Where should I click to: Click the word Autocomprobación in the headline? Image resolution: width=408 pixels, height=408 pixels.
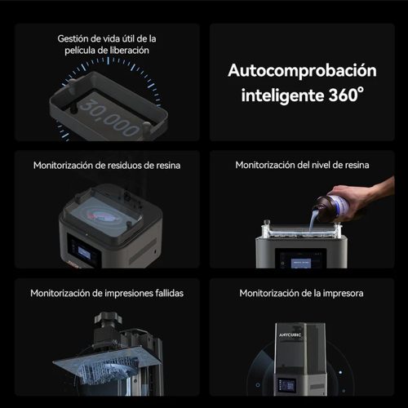coord(302,71)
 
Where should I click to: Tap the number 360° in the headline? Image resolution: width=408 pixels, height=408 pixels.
coord(346,95)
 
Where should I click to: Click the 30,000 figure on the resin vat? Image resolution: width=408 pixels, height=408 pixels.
coord(109,118)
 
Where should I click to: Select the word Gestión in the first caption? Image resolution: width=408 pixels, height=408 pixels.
coord(73,39)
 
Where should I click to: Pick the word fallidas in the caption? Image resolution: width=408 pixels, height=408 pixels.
coord(169,293)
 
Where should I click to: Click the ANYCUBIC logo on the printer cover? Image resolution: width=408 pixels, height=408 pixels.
coord(290,335)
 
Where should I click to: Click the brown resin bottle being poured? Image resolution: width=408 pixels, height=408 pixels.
coord(337,206)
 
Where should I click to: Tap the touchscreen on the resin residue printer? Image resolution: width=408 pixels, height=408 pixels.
coord(84,251)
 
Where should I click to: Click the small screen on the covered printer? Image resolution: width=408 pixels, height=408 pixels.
coord(287,385)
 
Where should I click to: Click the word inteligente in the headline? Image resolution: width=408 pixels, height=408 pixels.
coord(282,95)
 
